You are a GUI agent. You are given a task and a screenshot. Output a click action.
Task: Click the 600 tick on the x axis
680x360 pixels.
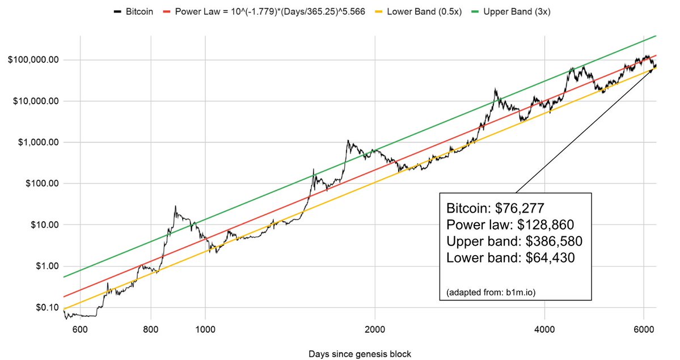pyautogui.click(x=79, y=329)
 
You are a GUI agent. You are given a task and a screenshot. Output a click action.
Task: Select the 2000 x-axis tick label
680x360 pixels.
pyautogui.click(x=375, y=329)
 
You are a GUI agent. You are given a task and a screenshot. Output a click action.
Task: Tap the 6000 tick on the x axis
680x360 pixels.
pyautogui.click(x=644, y=329)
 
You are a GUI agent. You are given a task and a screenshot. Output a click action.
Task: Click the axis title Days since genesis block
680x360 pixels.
pyautogui.click(x=360, y=354)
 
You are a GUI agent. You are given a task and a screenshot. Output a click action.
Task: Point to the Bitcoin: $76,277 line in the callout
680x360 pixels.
pyautogui.click(x=495, y=206)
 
